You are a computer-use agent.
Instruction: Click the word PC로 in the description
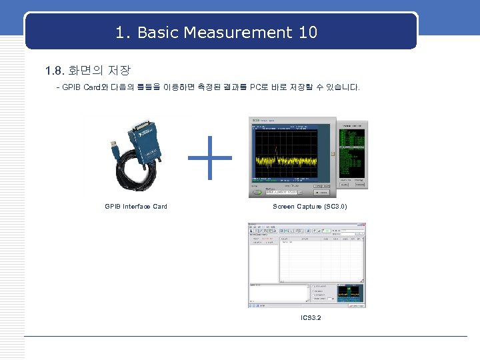pos(259,89)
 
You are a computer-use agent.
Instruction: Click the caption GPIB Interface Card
pos(136,207)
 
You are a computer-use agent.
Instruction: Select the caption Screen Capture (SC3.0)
pos(310,207)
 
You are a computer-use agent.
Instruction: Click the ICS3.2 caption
pos(311,317)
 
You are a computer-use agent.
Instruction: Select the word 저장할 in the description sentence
pos(309,89)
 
